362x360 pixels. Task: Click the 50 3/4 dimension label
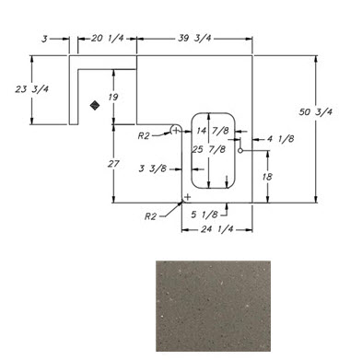(x=315, y=112)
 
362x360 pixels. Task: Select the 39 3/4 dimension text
(x=194, y=39)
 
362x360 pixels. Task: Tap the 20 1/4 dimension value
(x=108, y=39)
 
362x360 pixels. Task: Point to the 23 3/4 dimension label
(x=32, y=89)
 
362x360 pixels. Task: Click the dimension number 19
(x=113, y=98)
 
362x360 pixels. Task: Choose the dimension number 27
(x=113, y=164)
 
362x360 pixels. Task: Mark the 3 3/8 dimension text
(x=153, y=168)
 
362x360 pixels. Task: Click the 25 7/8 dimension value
(x=209, y=149)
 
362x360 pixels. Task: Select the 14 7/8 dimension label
(x=213, y=131)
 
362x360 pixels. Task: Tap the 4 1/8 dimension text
(x=280, y=139)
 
